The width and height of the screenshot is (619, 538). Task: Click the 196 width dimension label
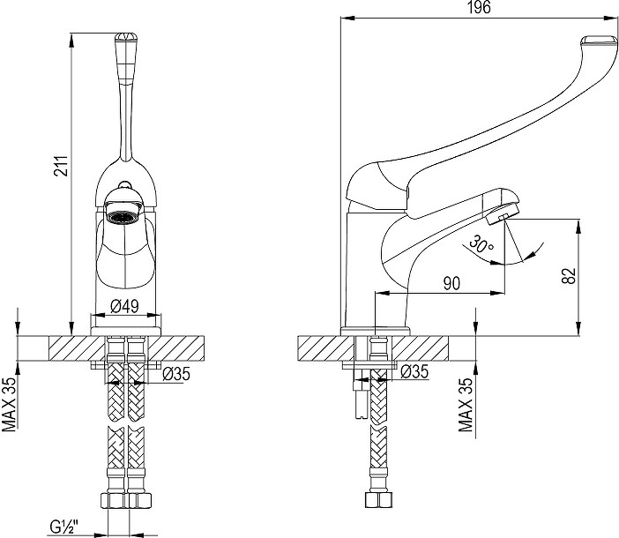480,8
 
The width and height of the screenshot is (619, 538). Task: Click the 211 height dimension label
62,166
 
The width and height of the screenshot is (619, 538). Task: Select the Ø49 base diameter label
124,306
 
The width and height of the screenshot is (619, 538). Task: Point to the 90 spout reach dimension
451,283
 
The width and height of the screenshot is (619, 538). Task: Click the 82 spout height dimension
569,275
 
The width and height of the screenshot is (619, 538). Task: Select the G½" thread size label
64,527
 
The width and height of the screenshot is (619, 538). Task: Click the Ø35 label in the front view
176,374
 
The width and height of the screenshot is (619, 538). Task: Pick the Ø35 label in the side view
414,371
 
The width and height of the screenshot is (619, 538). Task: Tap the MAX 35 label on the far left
10,404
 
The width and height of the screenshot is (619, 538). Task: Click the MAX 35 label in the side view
466,405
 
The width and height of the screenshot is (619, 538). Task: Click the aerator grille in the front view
123,216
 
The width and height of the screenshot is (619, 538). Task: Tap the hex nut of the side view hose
378,500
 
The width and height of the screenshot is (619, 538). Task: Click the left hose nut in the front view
114,500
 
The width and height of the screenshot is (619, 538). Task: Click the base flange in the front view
126,331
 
